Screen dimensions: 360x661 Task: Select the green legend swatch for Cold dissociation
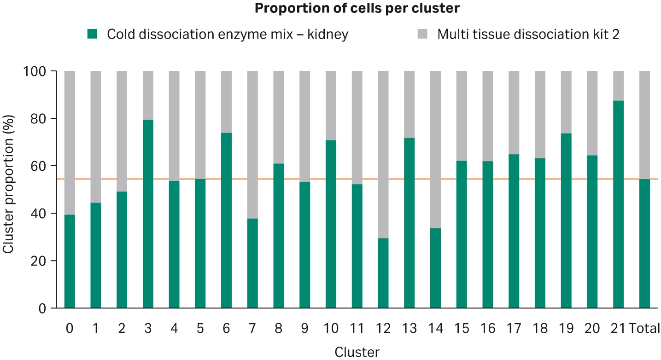click(x=92, y=34)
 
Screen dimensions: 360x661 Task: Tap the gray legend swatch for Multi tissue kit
click(x=422, y=34)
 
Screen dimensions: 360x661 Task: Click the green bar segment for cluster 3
click(x=148, y=214)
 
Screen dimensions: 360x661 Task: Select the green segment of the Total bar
click(x=644, y=244)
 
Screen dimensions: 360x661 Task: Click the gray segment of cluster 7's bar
click(x=252, y=145)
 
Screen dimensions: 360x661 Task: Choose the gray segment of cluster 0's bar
click(x=70, y=143)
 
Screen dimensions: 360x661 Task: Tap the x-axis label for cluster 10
click(x=331, y=329)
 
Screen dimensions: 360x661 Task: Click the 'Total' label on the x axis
click(x=644, y=329)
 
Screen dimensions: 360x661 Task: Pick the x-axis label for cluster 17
click(x=514, y=329)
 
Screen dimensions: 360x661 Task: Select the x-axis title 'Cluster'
click(x=357, y=352)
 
